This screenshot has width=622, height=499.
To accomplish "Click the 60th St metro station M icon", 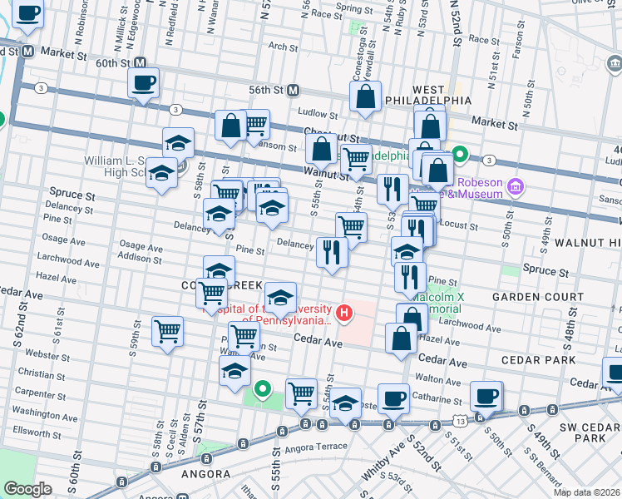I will pos(141,63).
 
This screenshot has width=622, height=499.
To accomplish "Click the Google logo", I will pos(27,489).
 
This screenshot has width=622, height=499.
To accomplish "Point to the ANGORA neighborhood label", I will pos(205,473).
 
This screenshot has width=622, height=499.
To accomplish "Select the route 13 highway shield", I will pos(459,422).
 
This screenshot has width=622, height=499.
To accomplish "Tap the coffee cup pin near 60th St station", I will pos(142,82).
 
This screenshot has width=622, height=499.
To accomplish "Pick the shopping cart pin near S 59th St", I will pos(167,332).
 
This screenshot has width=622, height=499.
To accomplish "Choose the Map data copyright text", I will pos(590,492).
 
